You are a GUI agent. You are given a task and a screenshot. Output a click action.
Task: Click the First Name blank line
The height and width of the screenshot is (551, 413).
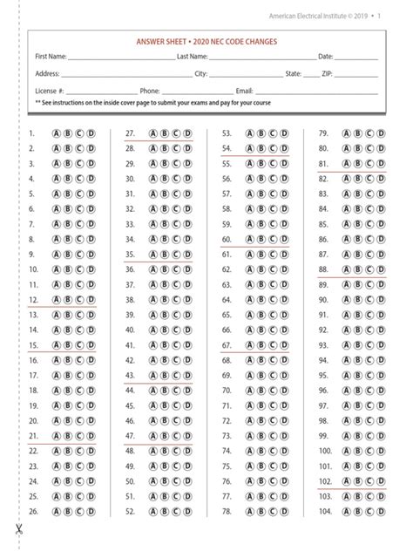(121, 58)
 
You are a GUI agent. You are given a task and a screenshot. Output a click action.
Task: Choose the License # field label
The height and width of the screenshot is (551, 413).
(50, 90)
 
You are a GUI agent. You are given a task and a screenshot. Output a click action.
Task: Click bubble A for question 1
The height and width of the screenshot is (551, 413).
(58, 134)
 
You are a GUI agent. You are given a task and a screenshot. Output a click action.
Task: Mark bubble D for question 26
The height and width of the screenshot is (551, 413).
(90, 535)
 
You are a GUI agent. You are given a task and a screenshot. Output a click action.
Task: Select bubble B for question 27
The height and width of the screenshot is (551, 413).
(165, 134)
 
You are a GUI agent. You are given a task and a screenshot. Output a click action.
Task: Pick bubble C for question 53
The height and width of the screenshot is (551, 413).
(273, 134)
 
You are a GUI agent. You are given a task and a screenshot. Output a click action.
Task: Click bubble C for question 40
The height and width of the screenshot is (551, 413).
(176, 330)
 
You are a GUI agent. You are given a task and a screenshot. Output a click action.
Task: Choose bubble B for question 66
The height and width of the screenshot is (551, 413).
(261, 330)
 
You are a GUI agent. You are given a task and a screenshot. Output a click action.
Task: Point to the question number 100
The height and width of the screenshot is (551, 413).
(324, 452)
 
